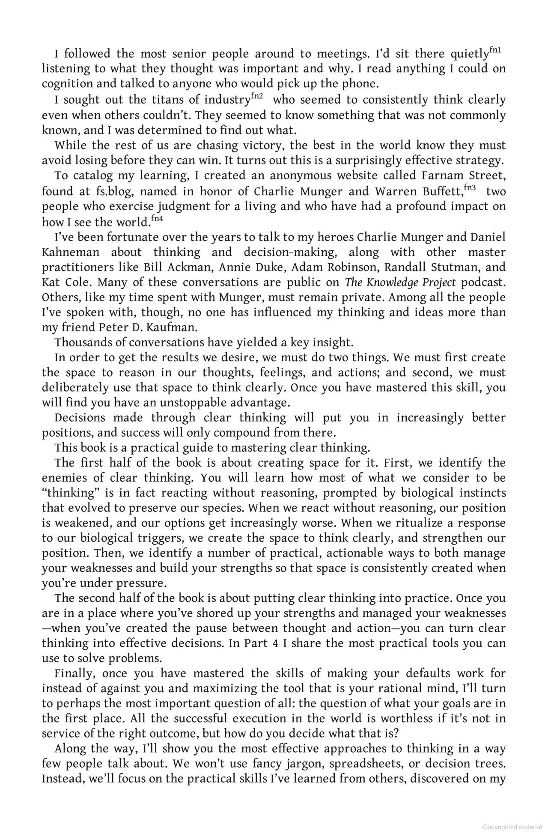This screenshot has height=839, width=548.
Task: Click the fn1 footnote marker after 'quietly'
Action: click(x=495, y=51)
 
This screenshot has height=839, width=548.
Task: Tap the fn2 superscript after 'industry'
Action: click(x=256, y=96)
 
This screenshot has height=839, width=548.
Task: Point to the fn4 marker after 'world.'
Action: click(x=157, y=219)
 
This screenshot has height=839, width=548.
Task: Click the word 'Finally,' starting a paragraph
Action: click(x=72, y=674)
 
